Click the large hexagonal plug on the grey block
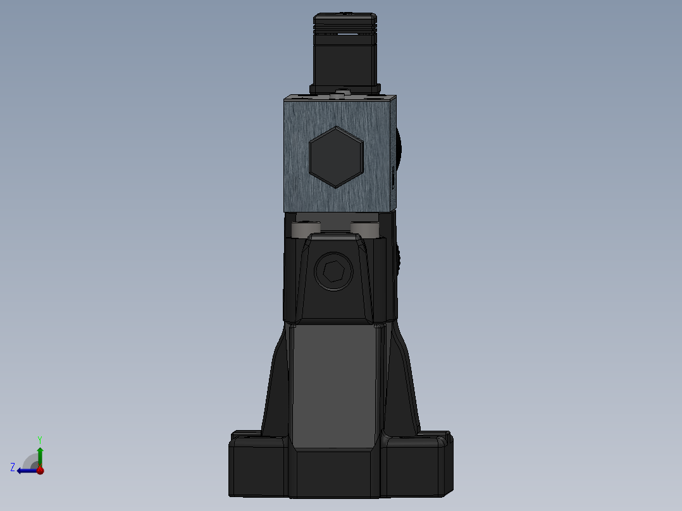(x=336, y=157)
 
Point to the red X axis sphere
(x=40, y=471)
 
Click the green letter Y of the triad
(x=40, y=439)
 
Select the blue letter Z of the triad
(x=13, y=467)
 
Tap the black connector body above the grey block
(x=345, y=63)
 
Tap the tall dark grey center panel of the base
(x=335, y=386)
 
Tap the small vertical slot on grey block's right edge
(x=393, y=178)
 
